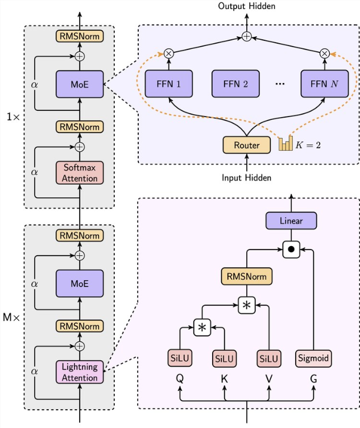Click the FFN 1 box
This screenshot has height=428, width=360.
(x=169, y=84)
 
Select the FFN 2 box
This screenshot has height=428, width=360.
(x=235, y=84)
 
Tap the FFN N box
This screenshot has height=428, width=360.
(x=324, y=84)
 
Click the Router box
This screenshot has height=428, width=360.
(x=247, y=145)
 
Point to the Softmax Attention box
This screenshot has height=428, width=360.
(x=80, y=173)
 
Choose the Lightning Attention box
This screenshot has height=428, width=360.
(x=80, y=372)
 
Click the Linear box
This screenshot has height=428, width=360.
(x=291, y=220)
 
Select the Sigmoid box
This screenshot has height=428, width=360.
(x=314, y=359)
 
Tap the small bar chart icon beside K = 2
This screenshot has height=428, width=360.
(x=285, y=143)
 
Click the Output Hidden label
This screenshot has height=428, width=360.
(x=247, y=6)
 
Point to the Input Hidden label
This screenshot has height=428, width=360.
(x=247, y=177)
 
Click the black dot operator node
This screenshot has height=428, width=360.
(x=291, y=249)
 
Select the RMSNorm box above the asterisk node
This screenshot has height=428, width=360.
(x=247, y=277)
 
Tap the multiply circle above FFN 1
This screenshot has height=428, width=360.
(x=169, y=53)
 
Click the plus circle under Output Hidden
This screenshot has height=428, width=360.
(x=247, y=37)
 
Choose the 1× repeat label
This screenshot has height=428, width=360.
(x=11, y=117)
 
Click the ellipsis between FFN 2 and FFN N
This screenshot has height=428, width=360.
(x=280, y=84)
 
